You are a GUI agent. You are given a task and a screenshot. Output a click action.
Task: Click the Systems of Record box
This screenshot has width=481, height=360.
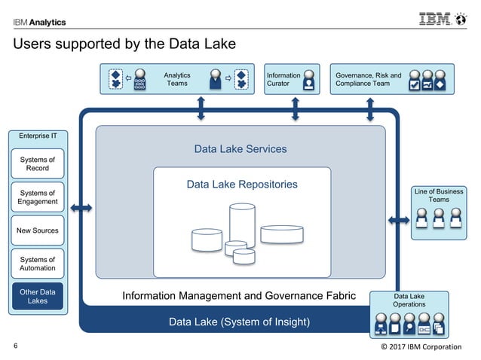coord(38,163)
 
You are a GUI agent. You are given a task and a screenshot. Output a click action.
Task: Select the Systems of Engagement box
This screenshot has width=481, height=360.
coord(38,197)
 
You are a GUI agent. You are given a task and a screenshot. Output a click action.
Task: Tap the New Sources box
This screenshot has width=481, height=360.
coord(38,230)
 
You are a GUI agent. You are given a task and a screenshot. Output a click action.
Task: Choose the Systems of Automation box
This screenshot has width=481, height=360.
coord(38,264)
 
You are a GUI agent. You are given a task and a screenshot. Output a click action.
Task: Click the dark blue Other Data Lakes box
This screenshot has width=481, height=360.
coord(38,297)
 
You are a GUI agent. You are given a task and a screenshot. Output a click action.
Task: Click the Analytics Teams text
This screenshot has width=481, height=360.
coord(177,80)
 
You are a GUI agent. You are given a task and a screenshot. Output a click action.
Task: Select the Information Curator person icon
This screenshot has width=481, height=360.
coord(308,81)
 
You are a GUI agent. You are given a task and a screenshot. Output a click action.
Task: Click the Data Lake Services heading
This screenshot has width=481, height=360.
coord(240,149)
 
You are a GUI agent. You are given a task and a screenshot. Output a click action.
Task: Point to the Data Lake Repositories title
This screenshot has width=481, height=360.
coord(242,185)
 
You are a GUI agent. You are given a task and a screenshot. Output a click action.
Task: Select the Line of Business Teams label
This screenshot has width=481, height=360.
coord(439,196)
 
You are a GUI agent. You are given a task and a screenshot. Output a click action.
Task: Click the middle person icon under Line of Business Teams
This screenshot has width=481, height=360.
coord(439,219)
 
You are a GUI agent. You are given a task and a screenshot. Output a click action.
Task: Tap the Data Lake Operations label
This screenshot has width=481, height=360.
coord(409,301)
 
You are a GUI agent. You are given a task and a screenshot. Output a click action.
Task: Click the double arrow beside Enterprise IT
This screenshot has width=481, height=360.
coord(81,207)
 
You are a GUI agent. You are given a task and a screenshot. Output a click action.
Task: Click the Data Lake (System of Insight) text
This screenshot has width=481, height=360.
coord(239,322)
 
